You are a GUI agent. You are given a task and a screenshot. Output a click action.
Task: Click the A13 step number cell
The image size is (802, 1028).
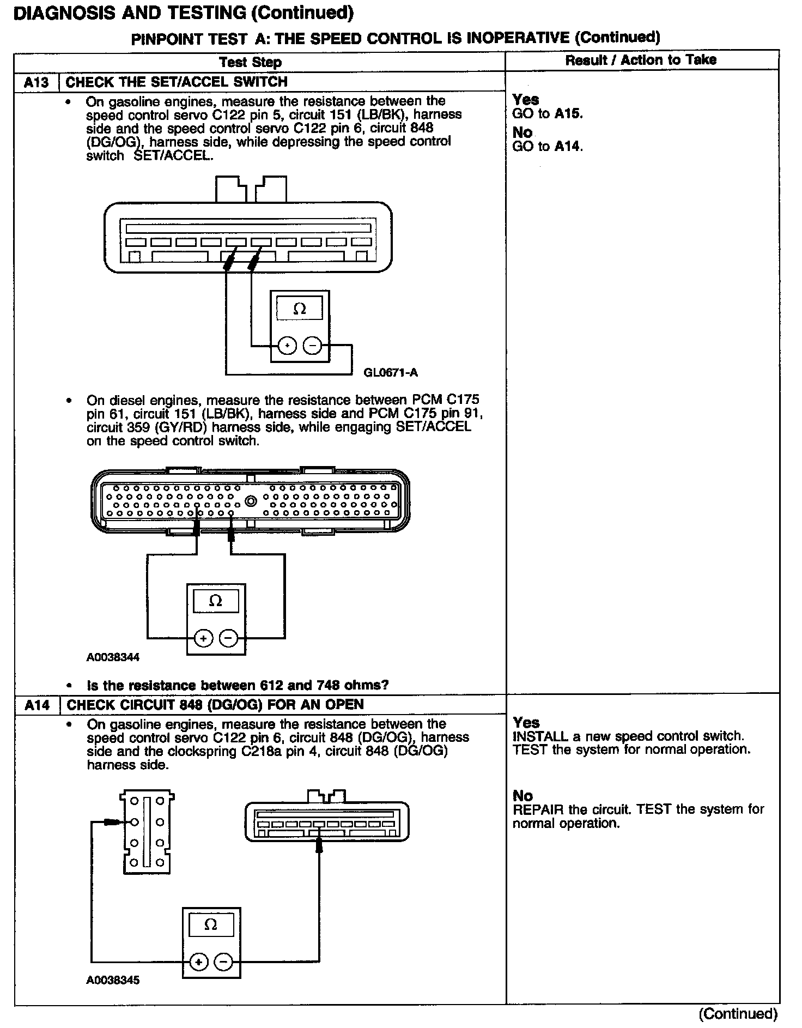(x=36, y=82)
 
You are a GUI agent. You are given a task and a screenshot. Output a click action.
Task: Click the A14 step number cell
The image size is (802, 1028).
(x=36, y=705)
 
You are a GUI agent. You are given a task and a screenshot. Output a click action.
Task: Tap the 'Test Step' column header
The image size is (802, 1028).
(x=251, y=62)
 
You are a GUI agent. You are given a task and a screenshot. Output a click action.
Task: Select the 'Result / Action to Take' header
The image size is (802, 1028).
(x=641, y=60)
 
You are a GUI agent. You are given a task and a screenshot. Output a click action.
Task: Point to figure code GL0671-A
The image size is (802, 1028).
(x=391, y=373)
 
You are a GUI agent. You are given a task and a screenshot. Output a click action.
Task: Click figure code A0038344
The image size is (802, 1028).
(x=113, y=657)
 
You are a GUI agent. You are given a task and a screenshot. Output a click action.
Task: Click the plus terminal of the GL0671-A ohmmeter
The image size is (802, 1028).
(x=287, y=346)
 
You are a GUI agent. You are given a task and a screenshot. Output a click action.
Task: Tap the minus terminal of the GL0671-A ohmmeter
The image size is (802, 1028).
(x=312, y=346)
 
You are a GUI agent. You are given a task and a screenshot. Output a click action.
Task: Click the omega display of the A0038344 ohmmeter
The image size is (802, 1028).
(x=216, y=601)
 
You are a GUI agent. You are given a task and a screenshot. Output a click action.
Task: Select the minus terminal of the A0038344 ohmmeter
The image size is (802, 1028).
(x=229, y=638)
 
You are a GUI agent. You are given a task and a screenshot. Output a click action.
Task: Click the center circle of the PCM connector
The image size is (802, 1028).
(x=251, y=501)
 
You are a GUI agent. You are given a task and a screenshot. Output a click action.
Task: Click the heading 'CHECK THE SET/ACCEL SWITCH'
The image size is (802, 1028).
(x=177, y=82)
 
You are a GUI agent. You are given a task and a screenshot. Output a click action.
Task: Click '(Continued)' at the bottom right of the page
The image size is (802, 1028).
(x=738, y=1013)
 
